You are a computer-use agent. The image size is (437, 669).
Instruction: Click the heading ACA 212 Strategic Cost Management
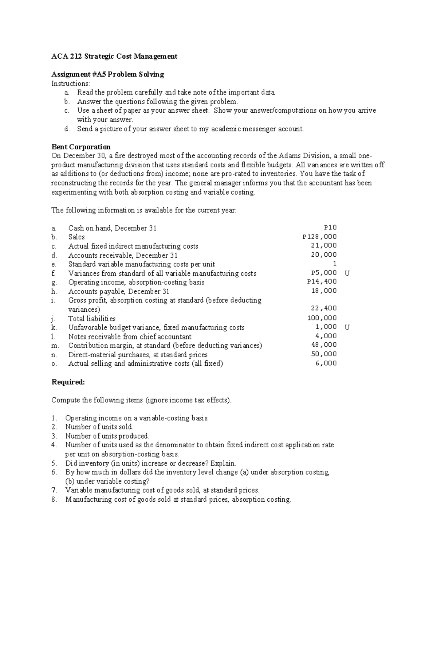[114, 56]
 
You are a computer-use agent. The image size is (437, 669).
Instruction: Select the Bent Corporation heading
[81, 147]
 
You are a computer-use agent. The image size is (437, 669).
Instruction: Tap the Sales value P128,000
[319, 237]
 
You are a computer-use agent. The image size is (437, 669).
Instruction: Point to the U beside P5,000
[347, 273]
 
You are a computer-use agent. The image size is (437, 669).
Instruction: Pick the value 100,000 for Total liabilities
[322, 318]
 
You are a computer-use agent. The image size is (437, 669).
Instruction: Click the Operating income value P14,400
[322, 281]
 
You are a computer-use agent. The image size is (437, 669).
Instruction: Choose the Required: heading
[68, 382]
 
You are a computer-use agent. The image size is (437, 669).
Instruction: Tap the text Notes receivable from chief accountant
[130, 337]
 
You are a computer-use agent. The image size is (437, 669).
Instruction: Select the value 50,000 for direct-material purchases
[324, 354]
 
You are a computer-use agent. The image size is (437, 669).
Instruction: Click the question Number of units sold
[99, 427]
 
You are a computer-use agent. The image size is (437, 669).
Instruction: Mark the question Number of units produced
[107, 436]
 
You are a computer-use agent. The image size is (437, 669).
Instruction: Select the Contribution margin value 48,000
[324, 345]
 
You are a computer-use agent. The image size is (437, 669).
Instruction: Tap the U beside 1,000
[347, 327]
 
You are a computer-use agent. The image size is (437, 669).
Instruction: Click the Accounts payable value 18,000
[324, 291]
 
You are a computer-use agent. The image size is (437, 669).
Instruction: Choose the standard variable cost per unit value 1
[335, 264]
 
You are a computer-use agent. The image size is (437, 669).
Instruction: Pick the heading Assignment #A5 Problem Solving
[108, 74]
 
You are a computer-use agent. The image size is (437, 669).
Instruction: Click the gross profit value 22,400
[324, 308]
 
